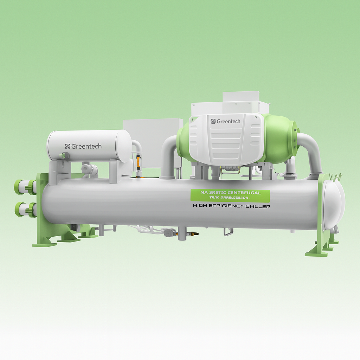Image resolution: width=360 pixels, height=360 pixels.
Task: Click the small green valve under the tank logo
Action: [x=64, y=155]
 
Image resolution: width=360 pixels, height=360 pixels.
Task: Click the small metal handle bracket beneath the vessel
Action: [x=228, y=232]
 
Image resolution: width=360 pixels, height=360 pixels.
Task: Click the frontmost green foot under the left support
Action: [x=44, y=243]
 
